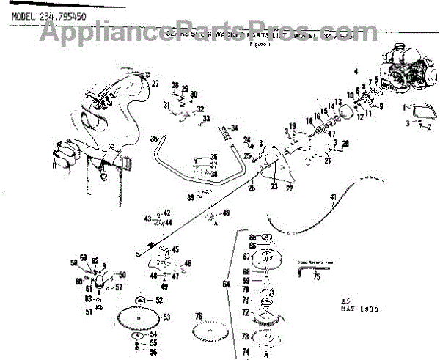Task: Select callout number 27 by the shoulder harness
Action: tap(155, 84)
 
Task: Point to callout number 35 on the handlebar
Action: tap(154, 138)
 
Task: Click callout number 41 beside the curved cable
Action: tap(333, 196)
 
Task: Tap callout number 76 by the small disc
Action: tap(199, 316)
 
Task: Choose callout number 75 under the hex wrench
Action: tap(317, 278)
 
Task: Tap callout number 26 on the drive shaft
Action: tap(252, 188)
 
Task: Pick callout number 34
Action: tap(235, 129)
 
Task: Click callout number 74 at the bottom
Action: tap(246, 352)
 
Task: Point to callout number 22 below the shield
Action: tap(290, 188)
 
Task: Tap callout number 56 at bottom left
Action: tap(153, 352)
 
